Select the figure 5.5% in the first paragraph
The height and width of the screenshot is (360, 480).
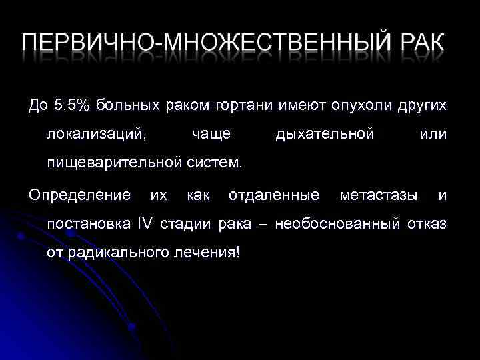[72, 105]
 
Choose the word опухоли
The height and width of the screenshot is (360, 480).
[353, 105]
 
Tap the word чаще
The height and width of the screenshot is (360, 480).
[211, 135]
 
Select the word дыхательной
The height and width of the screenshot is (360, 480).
[325, 135]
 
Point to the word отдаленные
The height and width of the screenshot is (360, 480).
[273, 195]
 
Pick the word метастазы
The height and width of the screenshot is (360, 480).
[379, 195]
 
